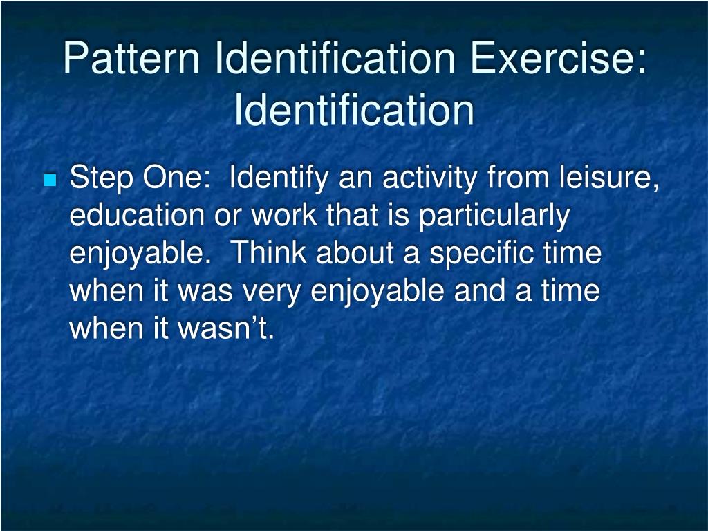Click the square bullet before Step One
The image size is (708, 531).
(49, 182)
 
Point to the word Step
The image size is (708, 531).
(102, 180)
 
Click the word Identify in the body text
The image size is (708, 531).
(279, 180)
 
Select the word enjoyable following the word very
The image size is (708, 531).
(378, 291)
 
